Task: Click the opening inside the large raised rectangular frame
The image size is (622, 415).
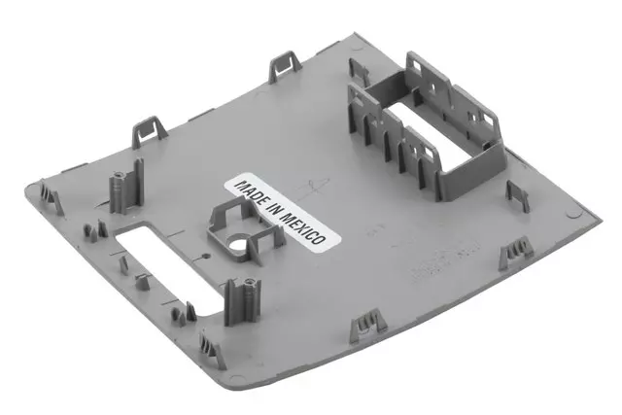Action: [428, 135]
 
